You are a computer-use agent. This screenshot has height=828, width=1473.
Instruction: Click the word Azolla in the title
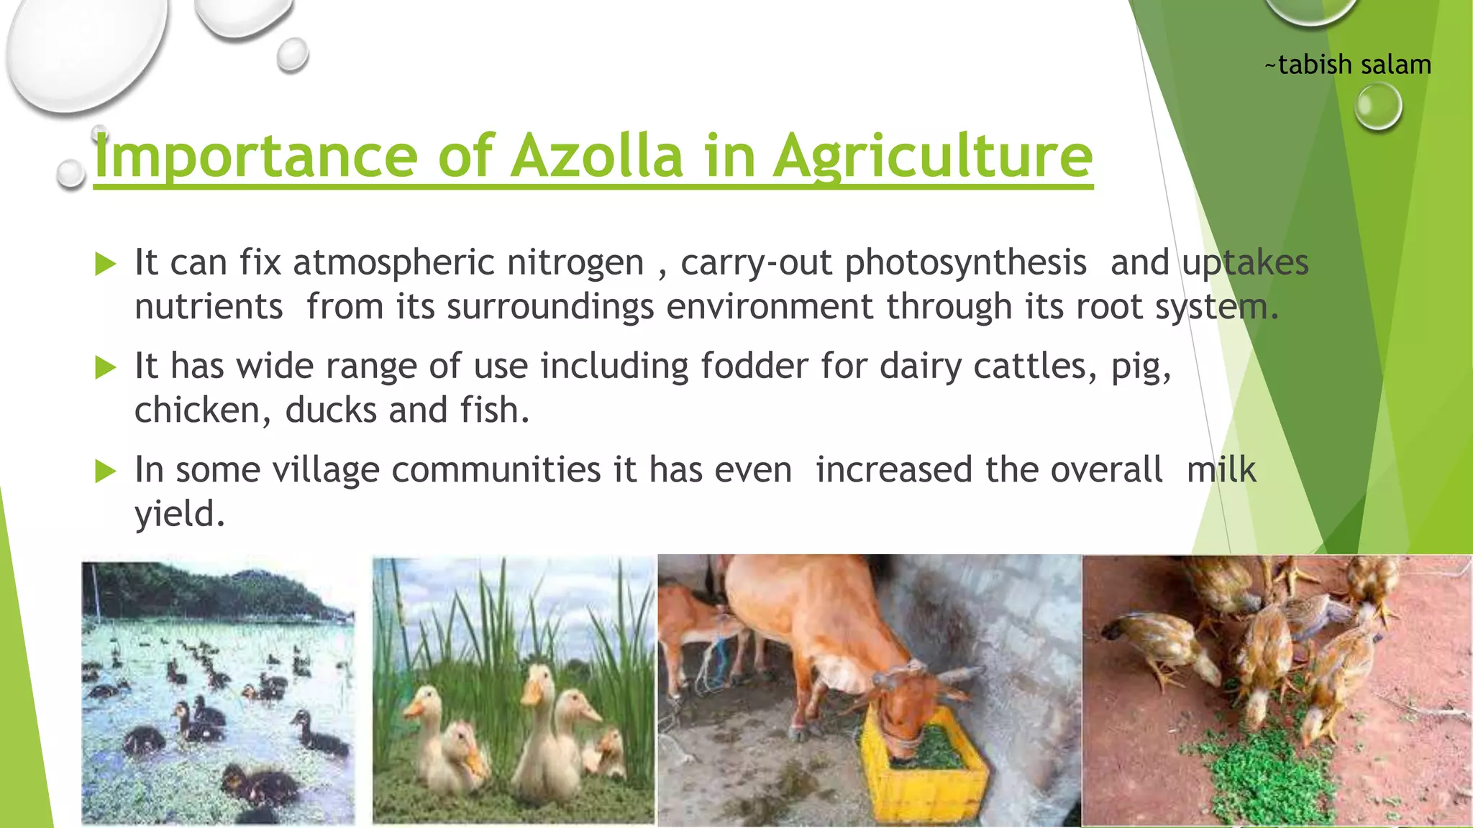click(x=596, y=156)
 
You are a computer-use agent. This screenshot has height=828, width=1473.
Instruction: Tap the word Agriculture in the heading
click(x=933, y=156)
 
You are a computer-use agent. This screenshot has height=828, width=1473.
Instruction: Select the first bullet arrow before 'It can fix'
click(x=106, y=264)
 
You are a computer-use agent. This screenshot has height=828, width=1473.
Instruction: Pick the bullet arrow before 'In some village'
click(x=106, y=471)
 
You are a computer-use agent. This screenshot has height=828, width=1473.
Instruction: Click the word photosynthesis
click(x=965, y=262)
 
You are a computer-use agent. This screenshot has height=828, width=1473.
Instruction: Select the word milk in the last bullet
click(x=1221, y=469)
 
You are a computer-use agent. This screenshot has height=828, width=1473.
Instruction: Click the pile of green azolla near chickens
click(x=1266, y=769)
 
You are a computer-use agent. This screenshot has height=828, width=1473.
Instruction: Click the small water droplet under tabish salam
click(x=1377, y=106)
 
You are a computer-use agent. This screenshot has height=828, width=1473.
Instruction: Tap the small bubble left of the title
click(x=70, y=174)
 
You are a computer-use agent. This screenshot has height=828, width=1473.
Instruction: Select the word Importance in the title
click(x=256, y=156)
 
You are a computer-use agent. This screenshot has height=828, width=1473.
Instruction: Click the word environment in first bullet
click(x=769, y=307)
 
